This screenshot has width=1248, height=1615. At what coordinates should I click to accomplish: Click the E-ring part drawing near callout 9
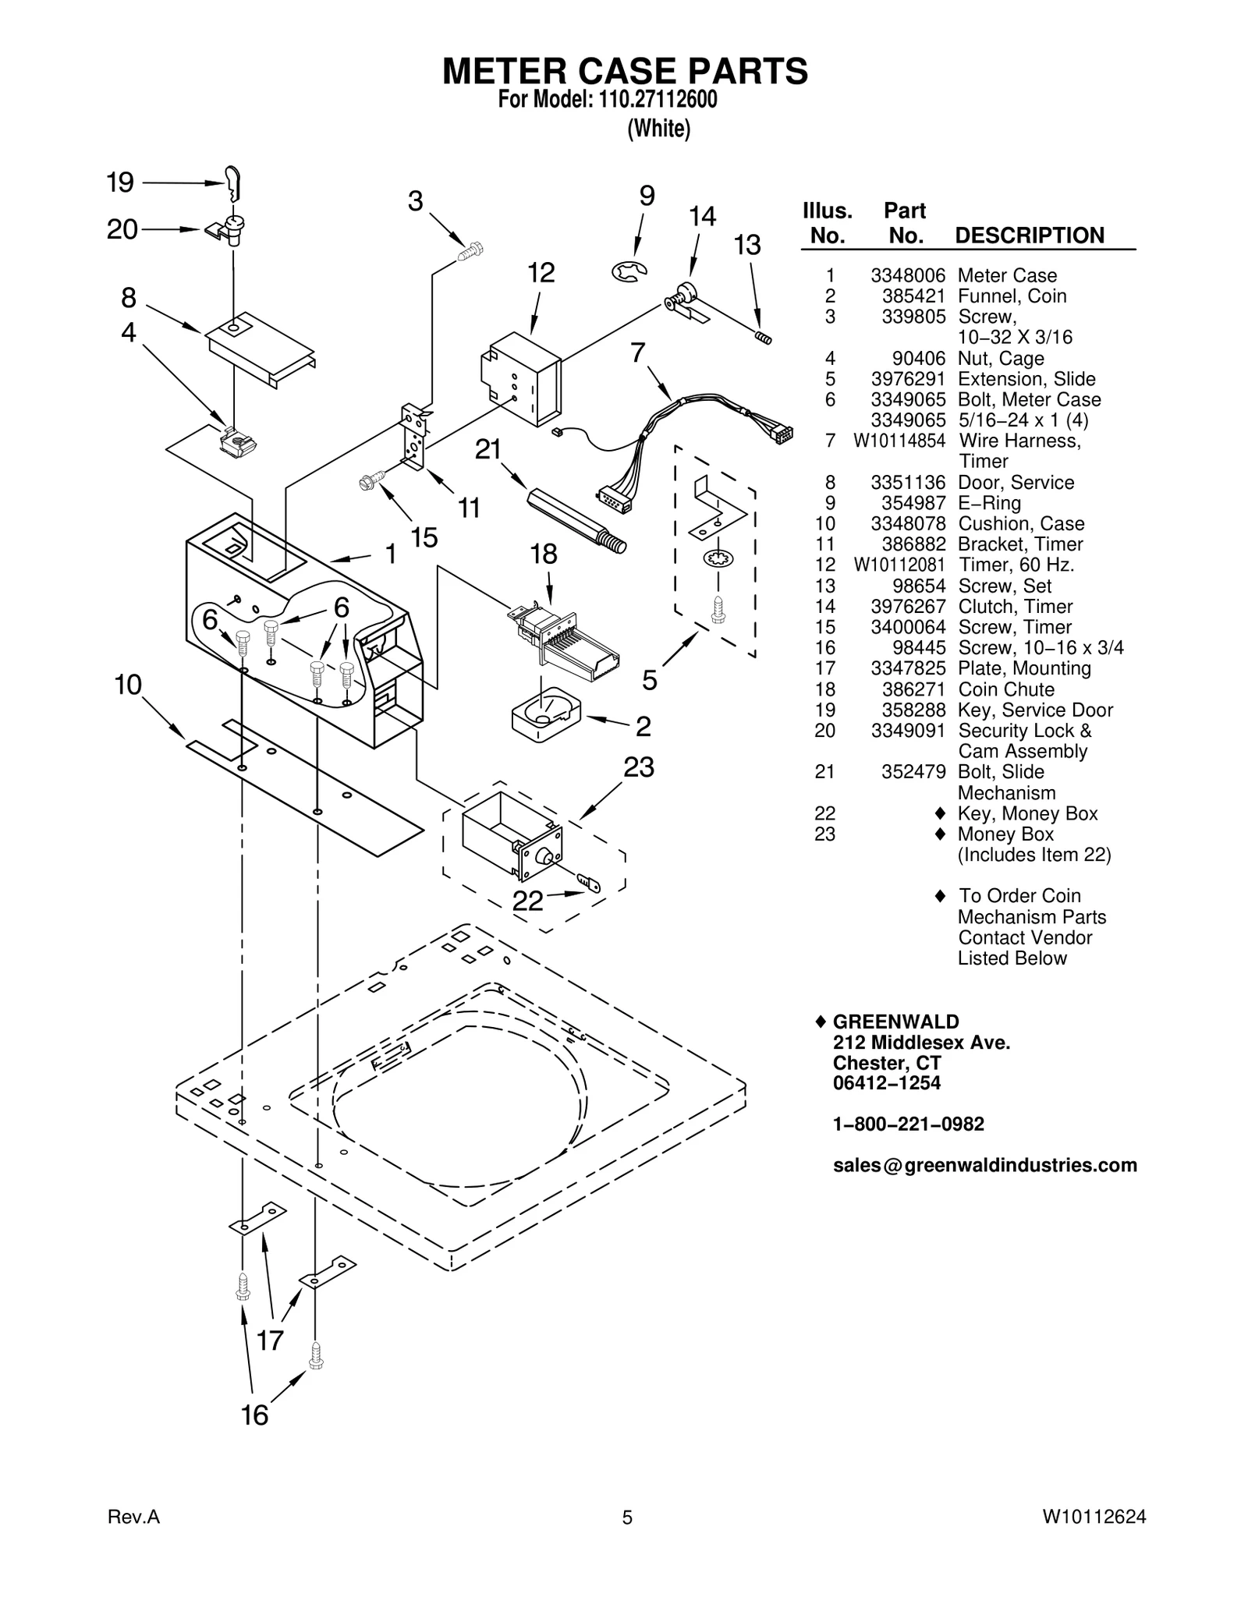pyautogui.click(x=629, y=271)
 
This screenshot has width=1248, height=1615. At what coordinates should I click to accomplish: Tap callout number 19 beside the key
pyautogui.click(x=120, y=182)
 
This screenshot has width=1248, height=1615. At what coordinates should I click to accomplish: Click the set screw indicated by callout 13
pyautogui.click(x=763, y=338)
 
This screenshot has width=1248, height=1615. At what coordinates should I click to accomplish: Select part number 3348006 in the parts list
pyautogui.click(x=908, y=275)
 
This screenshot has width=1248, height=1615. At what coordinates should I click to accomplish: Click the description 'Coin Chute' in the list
pyautogui.click(x=1005, y=689)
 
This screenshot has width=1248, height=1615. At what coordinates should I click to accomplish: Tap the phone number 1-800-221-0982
pyautogui.click(x=908, y=1124)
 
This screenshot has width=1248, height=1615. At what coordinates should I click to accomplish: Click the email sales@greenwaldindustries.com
pyautogui.click(x=984, y=1165)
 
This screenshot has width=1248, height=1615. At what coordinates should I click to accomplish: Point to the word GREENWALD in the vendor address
pyautogui.click(x=896, y=1022)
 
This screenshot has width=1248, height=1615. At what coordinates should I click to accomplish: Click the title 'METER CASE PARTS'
pyautogui.click(x=625, y=71)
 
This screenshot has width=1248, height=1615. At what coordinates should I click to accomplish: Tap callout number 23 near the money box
pyautogui.click(x=638, y=767)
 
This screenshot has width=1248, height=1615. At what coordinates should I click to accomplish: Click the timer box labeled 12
pyautogui.click(x=521, y=378)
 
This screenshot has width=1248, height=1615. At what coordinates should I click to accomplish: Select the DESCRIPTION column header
pyautogui.click(x=1030, y=236)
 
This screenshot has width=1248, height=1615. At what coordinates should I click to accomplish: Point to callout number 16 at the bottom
pyautogui.click(x=254, y=1415)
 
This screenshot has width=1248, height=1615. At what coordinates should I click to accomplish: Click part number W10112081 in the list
pyautogui.click(x=899, y=565)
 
